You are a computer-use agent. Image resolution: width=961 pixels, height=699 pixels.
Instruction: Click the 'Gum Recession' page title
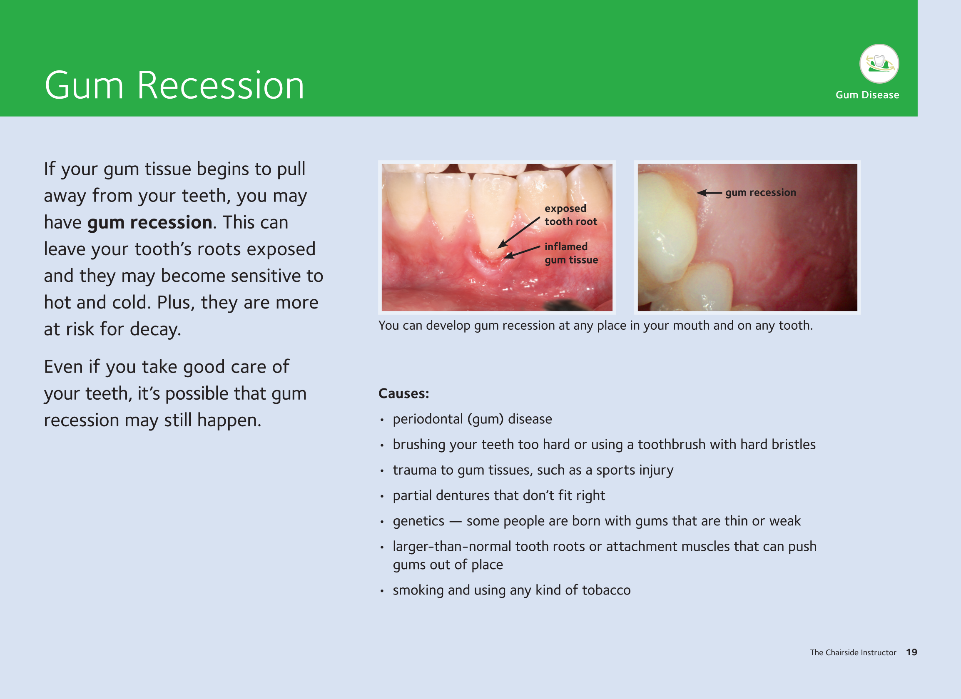tap(174, 86)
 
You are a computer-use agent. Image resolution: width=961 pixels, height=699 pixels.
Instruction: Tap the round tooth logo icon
tap(879, 64)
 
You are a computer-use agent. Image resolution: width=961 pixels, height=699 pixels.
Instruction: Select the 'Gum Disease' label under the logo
tap(867, 95)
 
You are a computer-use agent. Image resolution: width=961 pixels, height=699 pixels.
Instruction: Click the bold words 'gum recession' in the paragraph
tap(149, 223)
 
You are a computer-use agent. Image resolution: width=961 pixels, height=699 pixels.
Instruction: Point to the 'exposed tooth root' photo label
tap(571, 215)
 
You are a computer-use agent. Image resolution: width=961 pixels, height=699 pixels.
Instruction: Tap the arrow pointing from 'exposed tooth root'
tap(518, 233)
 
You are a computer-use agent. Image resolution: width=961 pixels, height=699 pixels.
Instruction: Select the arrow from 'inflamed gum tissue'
tap(522, 252)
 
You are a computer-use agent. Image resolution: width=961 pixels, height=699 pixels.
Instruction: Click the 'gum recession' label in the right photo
tap(761, 193)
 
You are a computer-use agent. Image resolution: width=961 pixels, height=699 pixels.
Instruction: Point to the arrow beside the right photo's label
tap(710, 193)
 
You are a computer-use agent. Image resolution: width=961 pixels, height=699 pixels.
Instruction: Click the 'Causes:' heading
tap(403, 393)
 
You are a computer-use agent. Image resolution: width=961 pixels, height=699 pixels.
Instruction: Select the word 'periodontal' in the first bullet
tap(428, 419)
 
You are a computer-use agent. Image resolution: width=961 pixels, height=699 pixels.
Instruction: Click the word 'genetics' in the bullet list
tap(418, 522)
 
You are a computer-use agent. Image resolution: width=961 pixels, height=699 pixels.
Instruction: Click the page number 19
tap(911, 652)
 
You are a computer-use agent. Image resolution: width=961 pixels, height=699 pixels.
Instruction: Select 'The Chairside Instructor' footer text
tap(853, 652)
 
